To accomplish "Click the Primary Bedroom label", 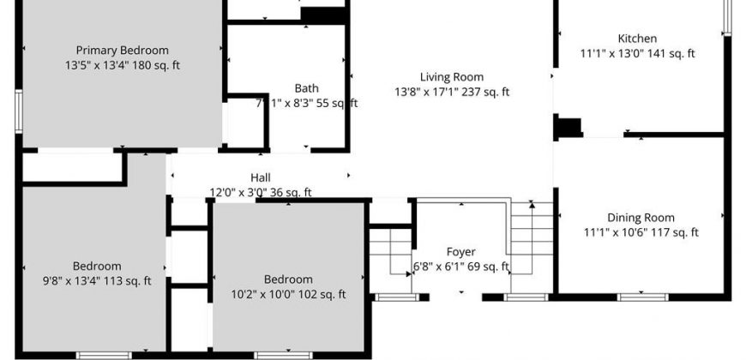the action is pos(123,50).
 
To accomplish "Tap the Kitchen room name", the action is pos(637,39).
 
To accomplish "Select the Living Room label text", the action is pos(452,77).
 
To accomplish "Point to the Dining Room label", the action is pos(641,218).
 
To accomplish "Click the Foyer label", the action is pos(460,252).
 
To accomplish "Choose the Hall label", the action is pos(261,178).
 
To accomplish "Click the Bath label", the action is pos(307,88).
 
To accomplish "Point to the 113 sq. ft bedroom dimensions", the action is pos(97,281).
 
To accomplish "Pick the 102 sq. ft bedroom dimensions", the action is pos(288,294).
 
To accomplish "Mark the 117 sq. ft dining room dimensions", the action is pos(641,232).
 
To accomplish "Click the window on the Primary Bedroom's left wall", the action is pos(19,111).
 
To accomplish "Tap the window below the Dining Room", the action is pos(643,297).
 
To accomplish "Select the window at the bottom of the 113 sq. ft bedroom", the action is pos(104,355).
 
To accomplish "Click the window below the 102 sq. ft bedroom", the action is pos(284,355).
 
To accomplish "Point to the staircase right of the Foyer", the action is pos(532,237).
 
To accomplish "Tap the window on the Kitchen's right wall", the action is pos(727,18).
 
